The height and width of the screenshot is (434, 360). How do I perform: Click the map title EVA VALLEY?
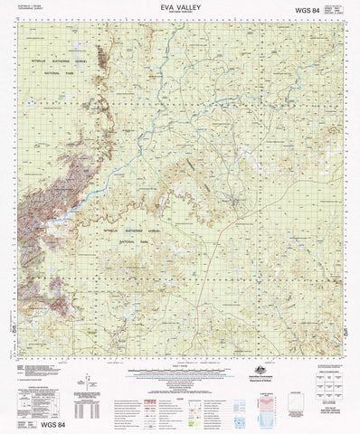pos(179,6)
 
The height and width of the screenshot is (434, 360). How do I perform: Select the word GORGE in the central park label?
pos(174,231)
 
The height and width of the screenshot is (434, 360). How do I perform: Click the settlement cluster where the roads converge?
pos(237,202)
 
